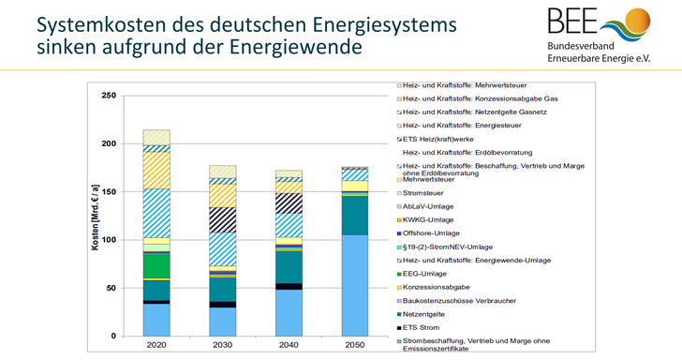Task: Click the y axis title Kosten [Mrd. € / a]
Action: (94, 216)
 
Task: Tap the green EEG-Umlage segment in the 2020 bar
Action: (156, 266)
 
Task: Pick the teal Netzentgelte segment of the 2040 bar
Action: (289, 266)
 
